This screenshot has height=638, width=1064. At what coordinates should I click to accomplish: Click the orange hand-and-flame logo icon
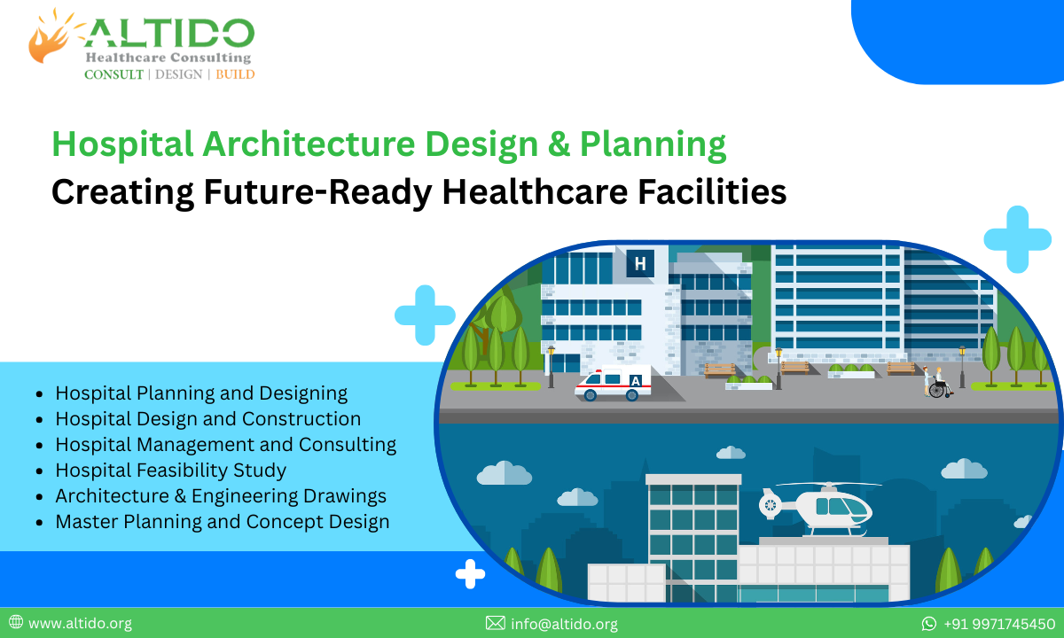pos(52,37)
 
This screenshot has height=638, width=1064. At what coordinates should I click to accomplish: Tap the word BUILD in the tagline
pos(235,74)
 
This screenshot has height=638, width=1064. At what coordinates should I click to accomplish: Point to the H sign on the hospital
pos(640,262)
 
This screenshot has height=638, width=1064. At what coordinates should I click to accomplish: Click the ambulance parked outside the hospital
pos(613,384)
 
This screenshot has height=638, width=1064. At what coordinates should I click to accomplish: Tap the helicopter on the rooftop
pos(816,508)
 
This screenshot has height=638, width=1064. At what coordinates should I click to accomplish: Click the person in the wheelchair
pos(939,384)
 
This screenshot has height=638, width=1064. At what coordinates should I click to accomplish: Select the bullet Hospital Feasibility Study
pos(170,470)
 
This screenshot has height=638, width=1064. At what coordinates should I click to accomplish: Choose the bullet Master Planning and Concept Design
pos(222,521)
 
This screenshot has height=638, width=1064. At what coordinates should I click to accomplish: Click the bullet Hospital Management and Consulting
pos(225,444)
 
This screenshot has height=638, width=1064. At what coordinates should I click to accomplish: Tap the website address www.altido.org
pos(80,624)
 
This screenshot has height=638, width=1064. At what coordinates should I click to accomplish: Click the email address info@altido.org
pos(564,624)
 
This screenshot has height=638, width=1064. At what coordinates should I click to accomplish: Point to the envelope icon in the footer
pos(496,624)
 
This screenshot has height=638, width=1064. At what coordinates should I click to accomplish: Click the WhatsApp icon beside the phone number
pos(929,624)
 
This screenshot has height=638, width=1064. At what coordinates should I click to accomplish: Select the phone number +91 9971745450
pos(999,624)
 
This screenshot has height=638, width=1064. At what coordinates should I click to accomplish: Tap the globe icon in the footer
pos(16,623)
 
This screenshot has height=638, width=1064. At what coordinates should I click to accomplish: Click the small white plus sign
pos(470,574)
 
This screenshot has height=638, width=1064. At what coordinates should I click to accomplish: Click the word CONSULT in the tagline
pos(113,74)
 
